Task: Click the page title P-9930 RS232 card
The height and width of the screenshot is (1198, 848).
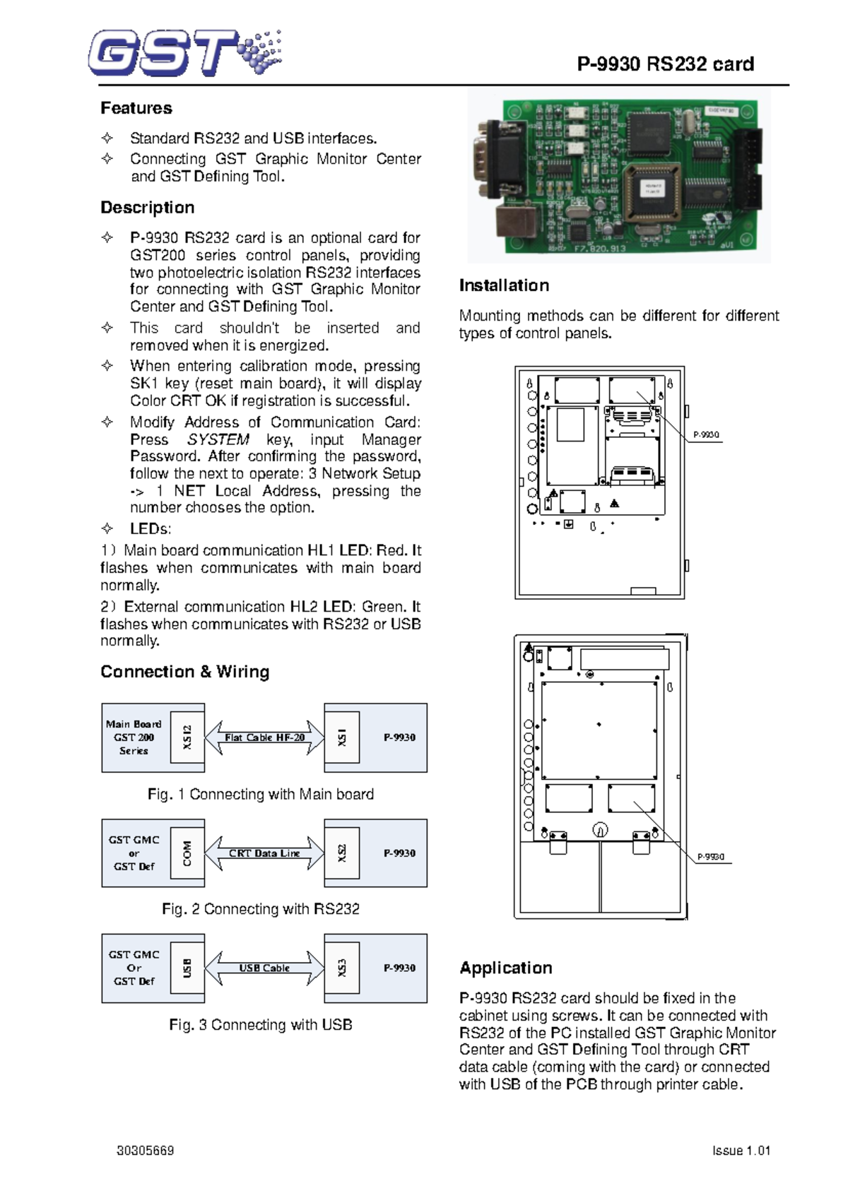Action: coord(665,64)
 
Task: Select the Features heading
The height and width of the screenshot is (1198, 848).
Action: coord(136,108)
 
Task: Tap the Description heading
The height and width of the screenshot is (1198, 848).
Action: coord(147,208)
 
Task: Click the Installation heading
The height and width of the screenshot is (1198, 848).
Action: coord(504,285)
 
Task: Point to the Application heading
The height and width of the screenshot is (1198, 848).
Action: coord(506,968)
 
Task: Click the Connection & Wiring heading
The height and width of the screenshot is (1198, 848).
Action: coord(184,672)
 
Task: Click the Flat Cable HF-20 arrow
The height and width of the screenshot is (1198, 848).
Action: coord(264,737)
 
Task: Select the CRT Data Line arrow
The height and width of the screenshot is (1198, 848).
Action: coord(264,853)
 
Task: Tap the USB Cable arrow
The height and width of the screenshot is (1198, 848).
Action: coord(264,968)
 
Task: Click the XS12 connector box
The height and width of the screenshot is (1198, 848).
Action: coord(187,737)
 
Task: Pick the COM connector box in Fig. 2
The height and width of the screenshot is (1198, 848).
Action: coord(187,853)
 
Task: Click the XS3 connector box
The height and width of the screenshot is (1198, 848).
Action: coord(342,968)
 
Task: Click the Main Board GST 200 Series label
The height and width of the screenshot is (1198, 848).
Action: coord(134,737)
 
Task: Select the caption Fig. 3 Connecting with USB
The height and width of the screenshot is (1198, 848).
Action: coord(261,1025)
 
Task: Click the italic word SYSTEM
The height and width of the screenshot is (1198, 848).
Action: coord(218,439)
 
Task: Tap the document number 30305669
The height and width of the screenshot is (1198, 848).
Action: coord(145,1151)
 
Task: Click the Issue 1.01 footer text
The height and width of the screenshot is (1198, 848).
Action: coord(741,1151)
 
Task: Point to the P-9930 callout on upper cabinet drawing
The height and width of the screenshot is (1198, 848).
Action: coord(706,435)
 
